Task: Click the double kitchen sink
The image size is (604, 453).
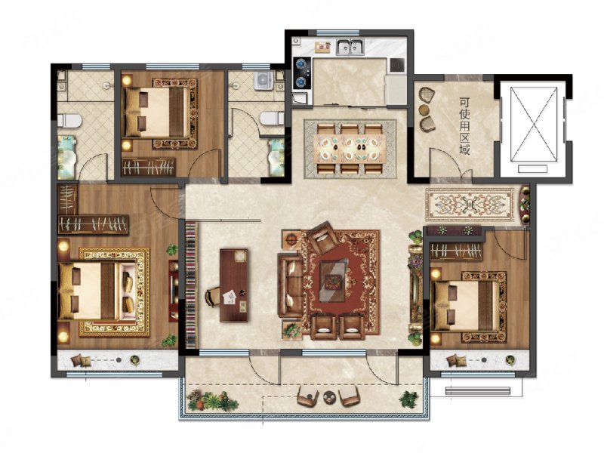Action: point(350,47)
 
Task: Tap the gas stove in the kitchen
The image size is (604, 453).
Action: point(300,72)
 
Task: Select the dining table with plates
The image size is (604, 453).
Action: point(350,148)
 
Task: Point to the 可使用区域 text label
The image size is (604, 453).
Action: point(464,126)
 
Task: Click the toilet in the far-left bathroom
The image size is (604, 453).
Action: point(69,121)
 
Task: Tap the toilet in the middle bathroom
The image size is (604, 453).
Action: point(273,119)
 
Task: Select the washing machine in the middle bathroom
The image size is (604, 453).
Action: point(263,80)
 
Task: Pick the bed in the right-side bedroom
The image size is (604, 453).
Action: point(465,306)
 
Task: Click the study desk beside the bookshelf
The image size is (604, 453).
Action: point(234,285)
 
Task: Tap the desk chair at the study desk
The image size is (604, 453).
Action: point(212,297)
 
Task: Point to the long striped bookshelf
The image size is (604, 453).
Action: point(191,285)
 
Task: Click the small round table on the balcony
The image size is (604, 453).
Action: point(328,396)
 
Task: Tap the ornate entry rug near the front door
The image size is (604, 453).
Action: point(470,204)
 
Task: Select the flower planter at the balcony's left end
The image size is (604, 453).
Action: point(212,400)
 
